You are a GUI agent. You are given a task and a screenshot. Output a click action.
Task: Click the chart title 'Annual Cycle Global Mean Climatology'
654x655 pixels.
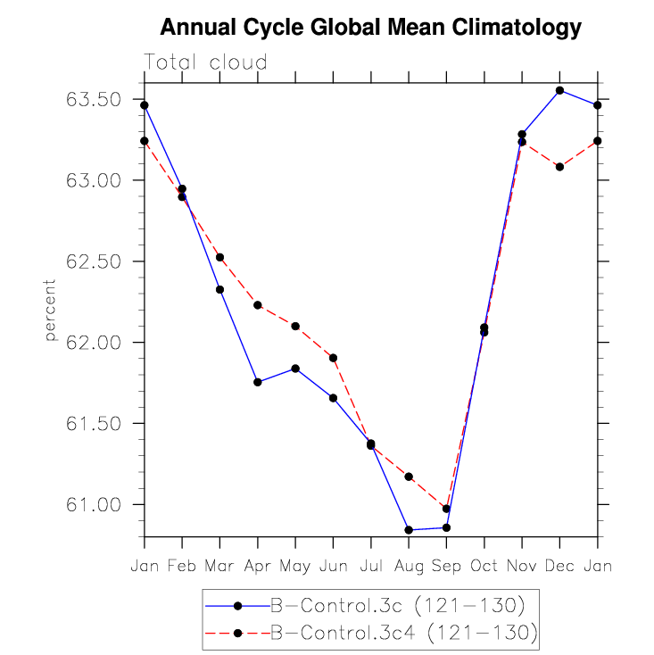click(370, 29)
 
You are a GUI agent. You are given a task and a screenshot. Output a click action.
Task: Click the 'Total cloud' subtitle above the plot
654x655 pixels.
click(206, 62)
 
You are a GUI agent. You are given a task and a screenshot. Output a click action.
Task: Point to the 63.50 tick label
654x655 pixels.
click(94, 99)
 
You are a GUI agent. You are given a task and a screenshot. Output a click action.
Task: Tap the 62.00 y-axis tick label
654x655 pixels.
click(94, 343)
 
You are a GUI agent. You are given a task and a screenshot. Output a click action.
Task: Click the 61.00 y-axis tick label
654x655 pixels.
click(94, 505)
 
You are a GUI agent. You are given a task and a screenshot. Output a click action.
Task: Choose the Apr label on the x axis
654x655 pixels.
click(258, 566)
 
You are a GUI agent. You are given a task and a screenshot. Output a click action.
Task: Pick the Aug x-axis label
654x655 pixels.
click(409, 566)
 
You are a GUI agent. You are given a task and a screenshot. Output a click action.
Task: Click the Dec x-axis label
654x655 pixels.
click(559, 566)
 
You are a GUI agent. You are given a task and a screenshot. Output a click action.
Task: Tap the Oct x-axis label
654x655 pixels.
click(484, 566)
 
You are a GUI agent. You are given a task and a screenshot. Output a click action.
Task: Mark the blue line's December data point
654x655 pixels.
click(559, 90)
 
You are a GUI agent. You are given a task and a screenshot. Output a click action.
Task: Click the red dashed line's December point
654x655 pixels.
click(559, 167)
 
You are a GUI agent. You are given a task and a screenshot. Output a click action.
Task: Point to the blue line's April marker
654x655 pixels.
click(258, 382)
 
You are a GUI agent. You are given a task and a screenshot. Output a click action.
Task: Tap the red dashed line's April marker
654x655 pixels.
click(258, 305)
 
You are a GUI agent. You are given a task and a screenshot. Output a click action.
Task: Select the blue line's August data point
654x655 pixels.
click(409, 530)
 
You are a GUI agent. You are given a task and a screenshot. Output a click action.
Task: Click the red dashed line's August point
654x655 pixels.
click(409, 477)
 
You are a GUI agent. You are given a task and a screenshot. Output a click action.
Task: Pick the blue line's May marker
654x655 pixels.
click(295, 369)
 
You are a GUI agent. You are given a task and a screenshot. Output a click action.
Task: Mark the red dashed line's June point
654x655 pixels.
click(333, 358)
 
